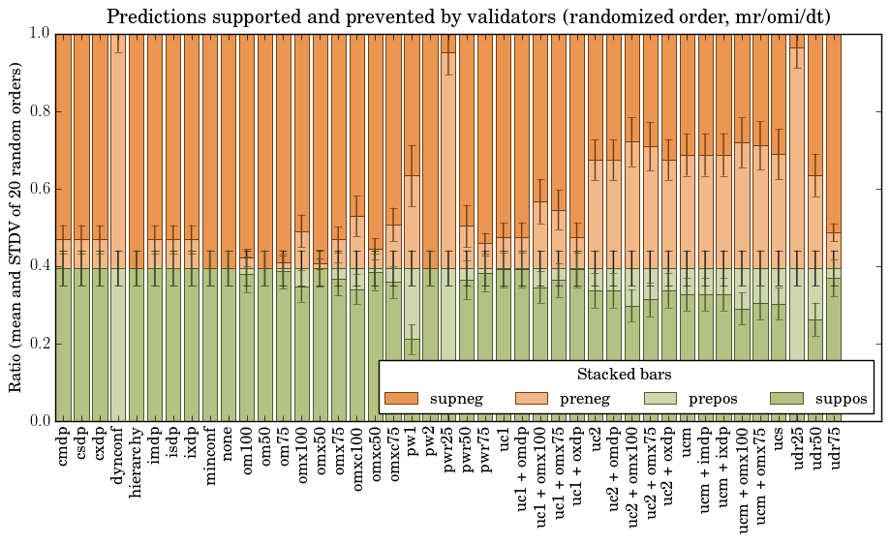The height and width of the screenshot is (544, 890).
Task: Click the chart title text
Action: click(467, 16)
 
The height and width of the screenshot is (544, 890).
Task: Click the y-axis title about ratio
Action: click(16, 227)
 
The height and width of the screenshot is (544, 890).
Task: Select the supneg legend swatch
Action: click(401, 399)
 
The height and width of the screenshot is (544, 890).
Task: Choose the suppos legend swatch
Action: click(787, 399)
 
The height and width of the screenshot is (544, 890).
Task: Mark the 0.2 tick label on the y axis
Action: click(36, 344)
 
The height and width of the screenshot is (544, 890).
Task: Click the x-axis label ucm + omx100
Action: click(742, 478)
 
